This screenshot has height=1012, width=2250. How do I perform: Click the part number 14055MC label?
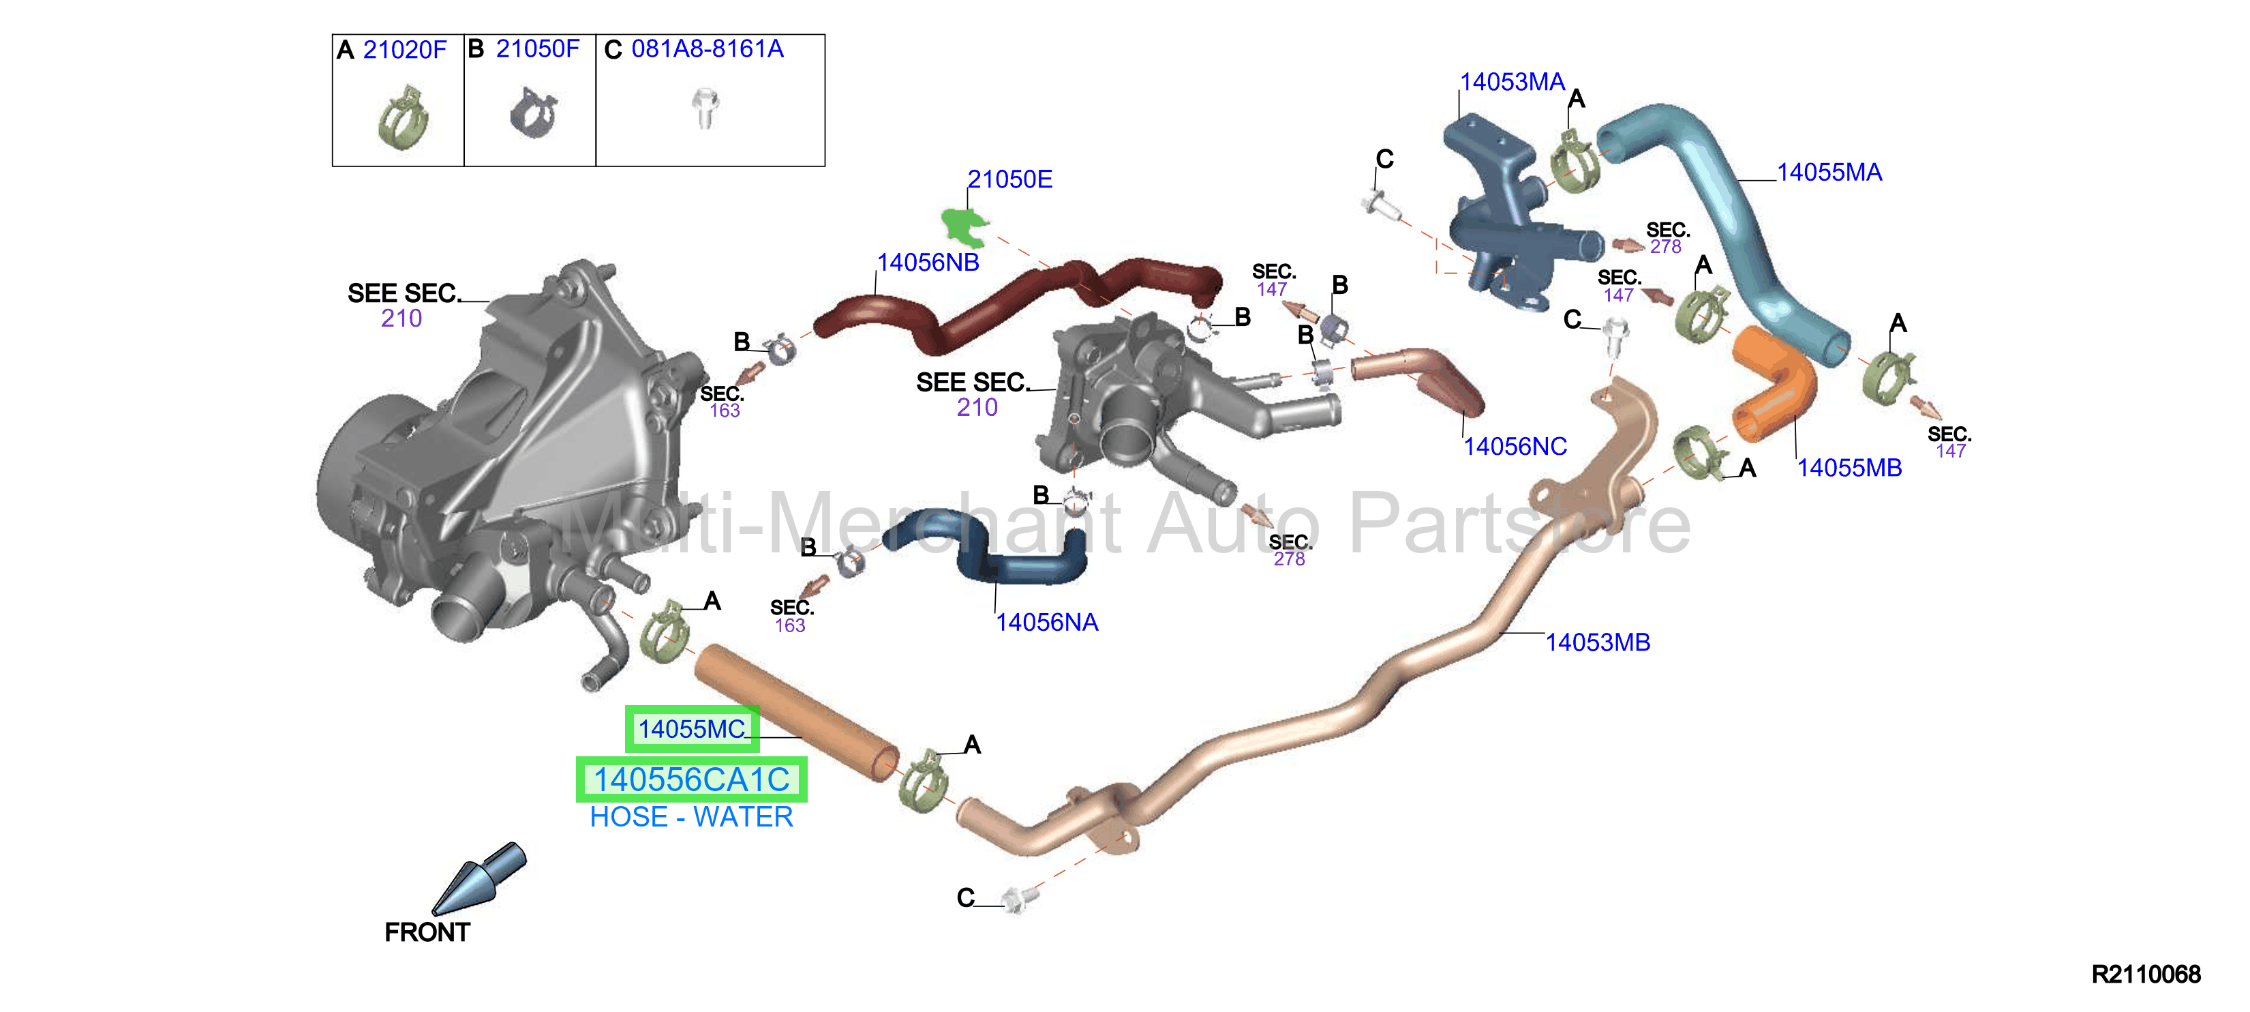point(692,729)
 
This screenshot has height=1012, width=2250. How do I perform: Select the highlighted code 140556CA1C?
point(692,779)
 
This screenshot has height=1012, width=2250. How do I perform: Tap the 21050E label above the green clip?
point(1009,179)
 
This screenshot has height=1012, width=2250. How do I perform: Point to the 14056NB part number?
point(928,262)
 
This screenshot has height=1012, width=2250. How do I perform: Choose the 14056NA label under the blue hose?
point(1047,622)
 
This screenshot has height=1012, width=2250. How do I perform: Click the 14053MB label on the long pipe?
point(1598,642)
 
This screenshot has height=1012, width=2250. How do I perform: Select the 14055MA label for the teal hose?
point(1829,172)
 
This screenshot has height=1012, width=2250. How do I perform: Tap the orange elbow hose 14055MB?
point(1773,385)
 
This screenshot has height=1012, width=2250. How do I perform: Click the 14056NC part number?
point(1515,447)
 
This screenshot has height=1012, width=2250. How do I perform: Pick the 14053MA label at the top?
point(1512,82)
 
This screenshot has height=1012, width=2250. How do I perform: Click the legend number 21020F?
point(404,50)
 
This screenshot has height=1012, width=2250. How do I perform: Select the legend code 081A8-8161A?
point(708,49)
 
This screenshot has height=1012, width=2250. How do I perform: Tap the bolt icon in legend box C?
point(704,108)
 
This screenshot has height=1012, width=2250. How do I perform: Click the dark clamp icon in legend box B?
point(533,113)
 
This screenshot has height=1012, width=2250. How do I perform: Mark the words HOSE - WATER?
point(692,817)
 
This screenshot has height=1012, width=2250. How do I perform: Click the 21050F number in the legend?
point(537,49)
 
